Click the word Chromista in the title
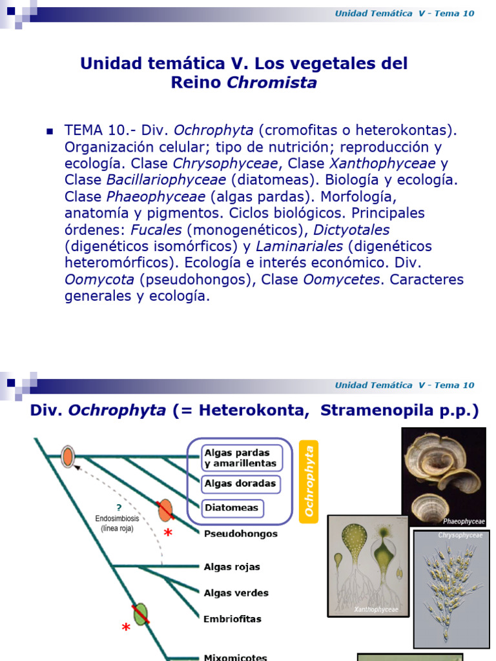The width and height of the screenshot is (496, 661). (x=271, y=83)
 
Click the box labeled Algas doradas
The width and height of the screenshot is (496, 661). (x=240, y=483)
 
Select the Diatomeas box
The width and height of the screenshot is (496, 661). (x=231, y=508)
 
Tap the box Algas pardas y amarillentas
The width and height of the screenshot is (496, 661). (x=240, y=457)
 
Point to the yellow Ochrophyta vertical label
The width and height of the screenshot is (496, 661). (x=309, y=481)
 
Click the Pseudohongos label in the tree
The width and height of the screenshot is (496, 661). (x=240, y=534)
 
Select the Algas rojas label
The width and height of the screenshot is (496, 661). (x=232, y=567)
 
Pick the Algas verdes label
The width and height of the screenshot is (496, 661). (x=236, y=593)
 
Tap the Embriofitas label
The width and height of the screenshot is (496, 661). (x=232, y=618)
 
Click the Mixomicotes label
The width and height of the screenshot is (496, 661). (x=235, y=657)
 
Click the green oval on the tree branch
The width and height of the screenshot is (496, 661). (x=140, y=615)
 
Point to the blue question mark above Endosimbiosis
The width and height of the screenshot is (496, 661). (x=119, y=508)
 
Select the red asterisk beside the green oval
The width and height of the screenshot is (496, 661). (x=125, y=628)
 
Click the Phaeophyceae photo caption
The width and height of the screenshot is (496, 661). (x=463, y=521)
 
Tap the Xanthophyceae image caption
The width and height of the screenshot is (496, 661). (x=376, y=609)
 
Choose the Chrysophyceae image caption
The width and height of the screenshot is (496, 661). (x=460, y=535)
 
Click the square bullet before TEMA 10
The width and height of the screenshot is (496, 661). (x=49, y=130)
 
